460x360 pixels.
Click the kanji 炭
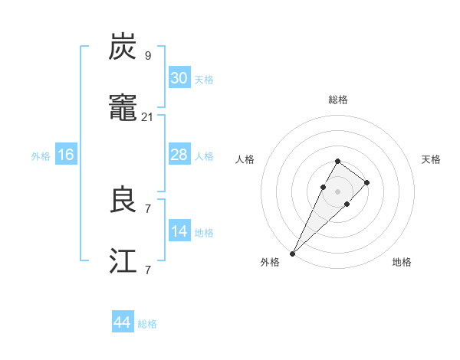coord(123,48)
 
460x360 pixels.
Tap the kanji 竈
coord(123,110)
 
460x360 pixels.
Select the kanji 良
coord(123,201)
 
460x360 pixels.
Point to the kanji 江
coord(123,263)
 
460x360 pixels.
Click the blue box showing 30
coord(179,77)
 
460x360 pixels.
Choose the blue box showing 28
coord(179,155)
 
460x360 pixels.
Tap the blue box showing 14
coord(179,232)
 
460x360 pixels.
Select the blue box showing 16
coord(66,155)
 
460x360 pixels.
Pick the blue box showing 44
coord(123,322)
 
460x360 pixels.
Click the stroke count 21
coord(148,117)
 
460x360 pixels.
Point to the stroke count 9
coord(148,55)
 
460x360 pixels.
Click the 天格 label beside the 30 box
coord(204,79)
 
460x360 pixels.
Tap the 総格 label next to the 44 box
coord(147,324)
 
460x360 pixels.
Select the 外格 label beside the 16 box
coord(41,156)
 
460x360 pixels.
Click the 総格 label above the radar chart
coord(338,100)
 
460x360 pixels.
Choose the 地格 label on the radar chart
coord(402,262)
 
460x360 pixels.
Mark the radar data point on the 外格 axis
coord(293,253)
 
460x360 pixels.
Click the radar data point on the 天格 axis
coord(367,182)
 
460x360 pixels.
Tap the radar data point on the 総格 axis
coord(337,161)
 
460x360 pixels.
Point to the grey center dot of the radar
coord(337,191)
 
